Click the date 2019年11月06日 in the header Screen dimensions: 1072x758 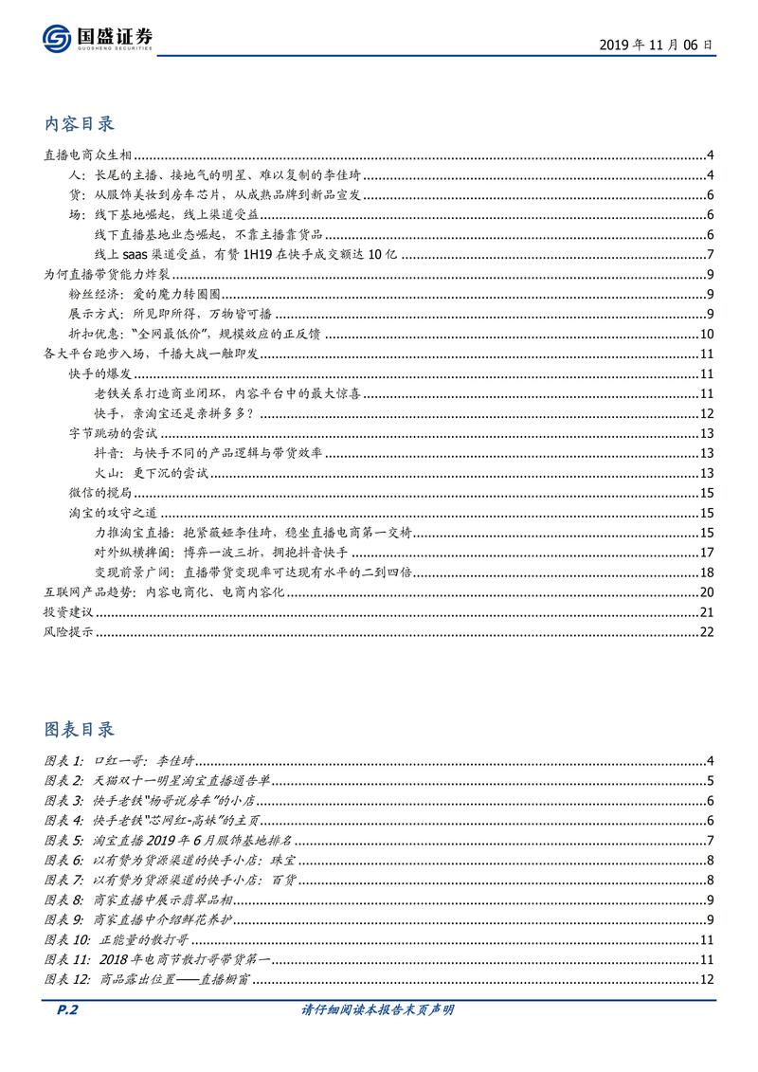point(657,44)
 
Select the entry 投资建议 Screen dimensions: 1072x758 point(68,611)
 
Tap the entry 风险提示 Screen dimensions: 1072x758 point(68,632)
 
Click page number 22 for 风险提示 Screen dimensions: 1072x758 point(705,632)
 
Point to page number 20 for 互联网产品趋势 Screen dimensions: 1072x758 point(705,592)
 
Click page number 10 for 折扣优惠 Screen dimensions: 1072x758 point(706,334)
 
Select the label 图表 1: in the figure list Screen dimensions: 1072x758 point(64,761)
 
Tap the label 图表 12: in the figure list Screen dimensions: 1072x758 point(68,979)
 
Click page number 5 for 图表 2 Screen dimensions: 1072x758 point(709,781)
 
